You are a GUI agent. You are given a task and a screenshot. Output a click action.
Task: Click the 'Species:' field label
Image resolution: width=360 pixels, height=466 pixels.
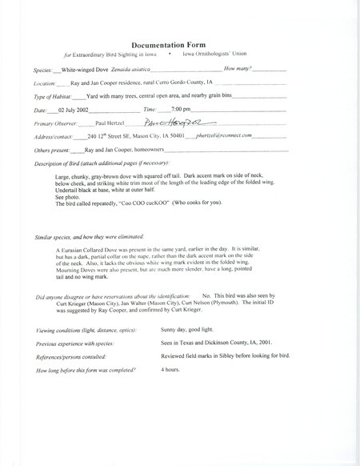point(46,70)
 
